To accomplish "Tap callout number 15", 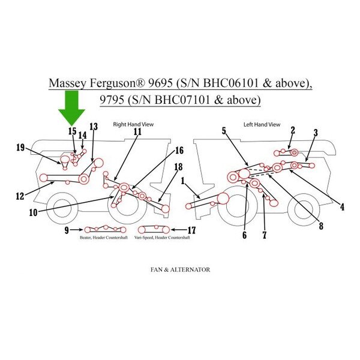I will pos(72,131).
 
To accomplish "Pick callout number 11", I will pos(137,131).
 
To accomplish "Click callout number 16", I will pos(178,149).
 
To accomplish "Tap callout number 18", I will pos(178,167).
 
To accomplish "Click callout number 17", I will pos(192,229).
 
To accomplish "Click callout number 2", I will pos(292,130).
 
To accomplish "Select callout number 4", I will pos(342,208).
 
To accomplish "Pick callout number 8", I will pos(321,226).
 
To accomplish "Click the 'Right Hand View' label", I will pos(134,124).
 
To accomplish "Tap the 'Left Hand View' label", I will pos(262,124).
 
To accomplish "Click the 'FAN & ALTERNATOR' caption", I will pos(180,270).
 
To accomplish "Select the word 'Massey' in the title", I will pos(68,82).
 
